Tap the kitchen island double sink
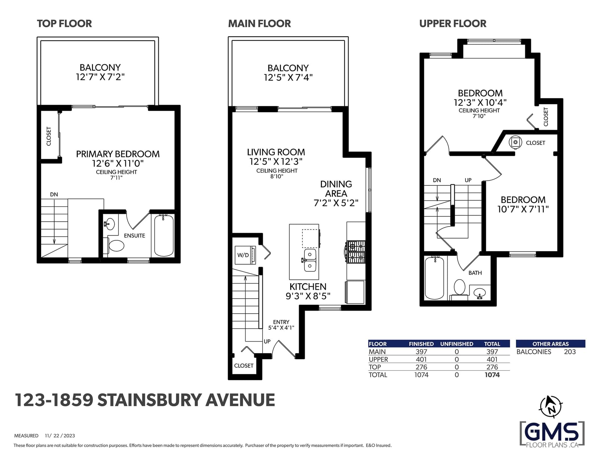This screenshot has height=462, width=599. [310, 260]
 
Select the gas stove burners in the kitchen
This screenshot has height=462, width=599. [356, 252]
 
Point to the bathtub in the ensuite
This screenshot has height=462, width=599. [164, 236]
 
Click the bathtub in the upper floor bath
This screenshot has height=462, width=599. [435, 278]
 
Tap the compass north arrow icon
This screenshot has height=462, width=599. [551, 406]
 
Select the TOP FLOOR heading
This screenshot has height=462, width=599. [64, 24]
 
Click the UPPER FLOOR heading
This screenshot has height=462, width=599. [453, 24]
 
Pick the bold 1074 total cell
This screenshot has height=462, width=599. [492, 375]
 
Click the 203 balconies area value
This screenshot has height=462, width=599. [570, 352]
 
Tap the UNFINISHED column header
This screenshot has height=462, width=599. [456, 344]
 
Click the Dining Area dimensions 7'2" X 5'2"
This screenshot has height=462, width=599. [336, 203]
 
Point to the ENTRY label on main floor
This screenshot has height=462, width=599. [281, 322]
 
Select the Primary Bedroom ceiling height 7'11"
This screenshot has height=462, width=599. [116, 178]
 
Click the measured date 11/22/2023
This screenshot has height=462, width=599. [60, 435]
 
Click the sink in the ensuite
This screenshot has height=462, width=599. [110, 224]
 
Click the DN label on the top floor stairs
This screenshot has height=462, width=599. [54, 194]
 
